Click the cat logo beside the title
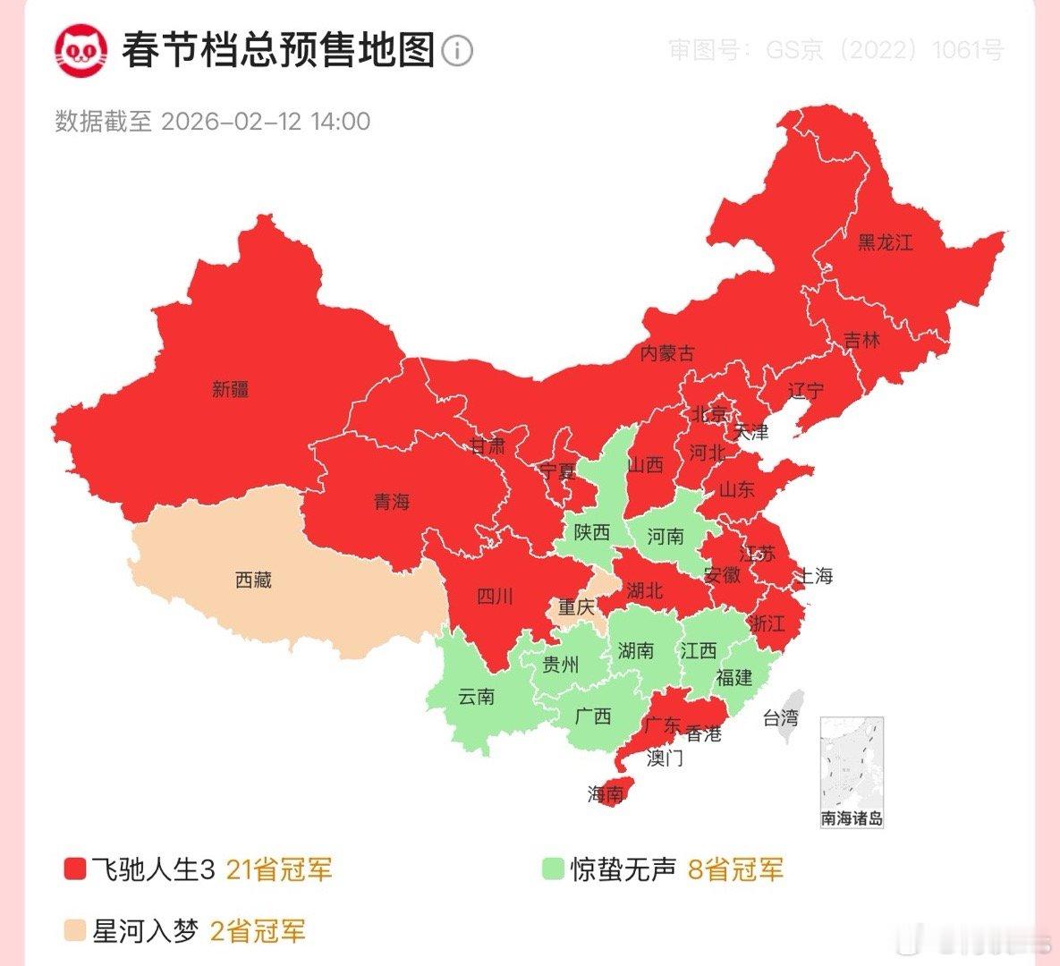pos(81,50)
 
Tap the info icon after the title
pos(457,50)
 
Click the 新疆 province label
pos(231,389)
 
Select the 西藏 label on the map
pos(253,580)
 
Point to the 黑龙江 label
pos(885,242)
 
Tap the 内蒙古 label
pos(666,353)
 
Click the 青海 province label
pos(392,502)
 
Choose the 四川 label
pos(495,596)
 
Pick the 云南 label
pos(476,696)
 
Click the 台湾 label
pos(780,717)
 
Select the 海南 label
pos(606,793)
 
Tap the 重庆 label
pos(577,607)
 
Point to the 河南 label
pos(665,536)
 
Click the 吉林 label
pos(861,341)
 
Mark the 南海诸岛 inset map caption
pos(852,818)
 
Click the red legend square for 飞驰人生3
pos(74,869)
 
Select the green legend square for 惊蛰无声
pos(553,869)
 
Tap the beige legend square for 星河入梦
pos(74,932)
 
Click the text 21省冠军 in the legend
pos(279,869)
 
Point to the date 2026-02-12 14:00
pos(266,122)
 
